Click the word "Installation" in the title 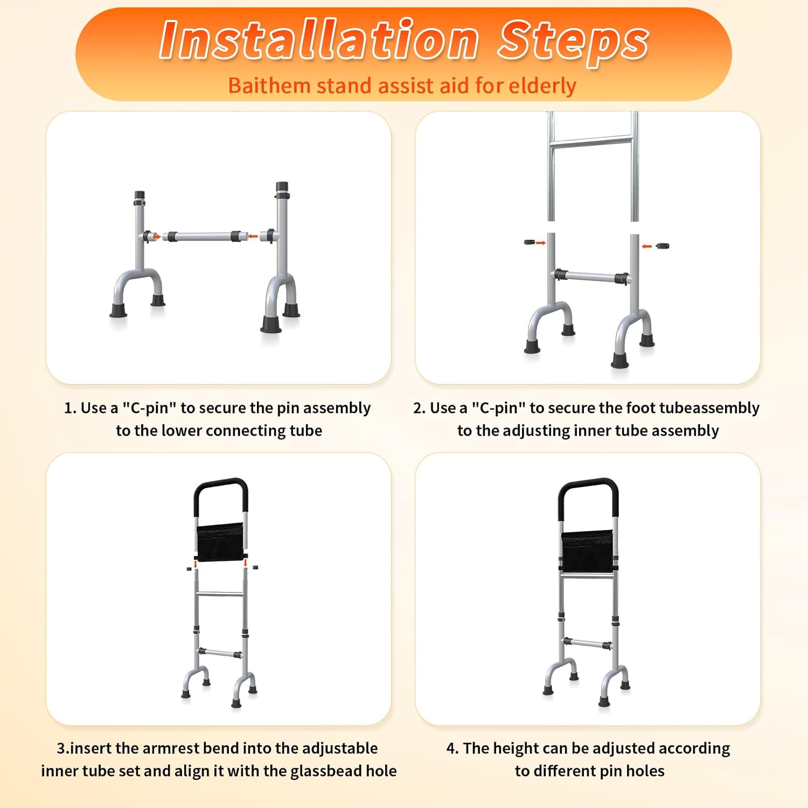coord(319,39)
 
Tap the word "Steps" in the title coord(573,41)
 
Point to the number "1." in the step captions coord(70,408)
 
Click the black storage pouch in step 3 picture coord(220,542)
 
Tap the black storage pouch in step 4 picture coord(587,551)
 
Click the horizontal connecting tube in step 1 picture coord(204,236)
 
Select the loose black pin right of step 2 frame coord(661,246)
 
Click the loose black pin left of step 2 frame coord(530,242)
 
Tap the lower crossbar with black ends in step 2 coord(591,277)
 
